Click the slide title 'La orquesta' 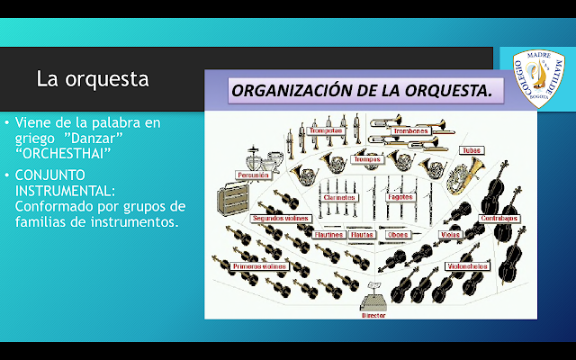(x=92, y=78)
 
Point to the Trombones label (x=411, y=131)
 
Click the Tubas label (x=471, y=150)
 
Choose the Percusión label (x=253, y=175)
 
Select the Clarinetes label (x=338, y=196)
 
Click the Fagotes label (x=400, y=196)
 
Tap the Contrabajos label (x=499, y=218)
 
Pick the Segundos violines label (x=280, y=219)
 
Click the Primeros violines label (x=258, y=266)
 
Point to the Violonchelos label (x=468, y=266)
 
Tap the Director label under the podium (x=373, y=316)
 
